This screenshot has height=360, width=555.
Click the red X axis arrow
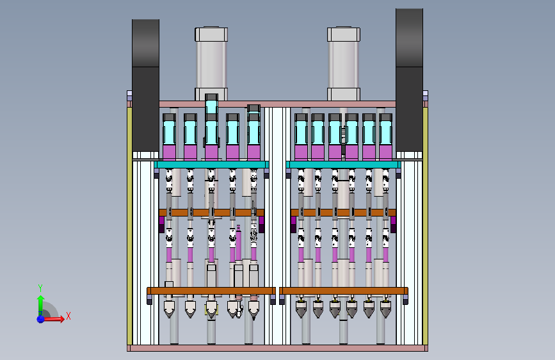(54, 319)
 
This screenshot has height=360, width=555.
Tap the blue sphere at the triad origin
(40, 319)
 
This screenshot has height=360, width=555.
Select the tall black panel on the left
(145, 85)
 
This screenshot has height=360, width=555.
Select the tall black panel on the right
(409, 79)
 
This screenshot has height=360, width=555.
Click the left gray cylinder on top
(211, 64)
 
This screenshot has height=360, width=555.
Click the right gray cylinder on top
(344, 64)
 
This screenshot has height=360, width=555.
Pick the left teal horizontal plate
(212, 165)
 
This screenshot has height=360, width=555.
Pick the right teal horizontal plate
(343, 165)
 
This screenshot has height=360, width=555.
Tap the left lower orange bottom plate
(211, 291)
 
